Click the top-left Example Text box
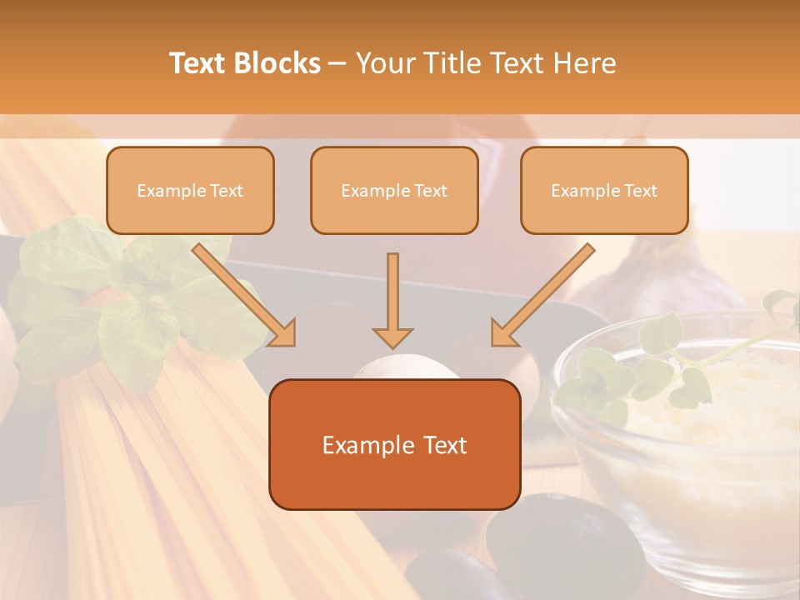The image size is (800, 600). pyautogui.click(x=190, y=191)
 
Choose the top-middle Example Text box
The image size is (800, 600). pyautogui.click(x=394, y=191)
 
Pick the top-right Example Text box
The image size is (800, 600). pyautogui.click(x=604, y=191)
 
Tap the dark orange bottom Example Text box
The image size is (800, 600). pyautogui.click(x=394, y=444)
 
